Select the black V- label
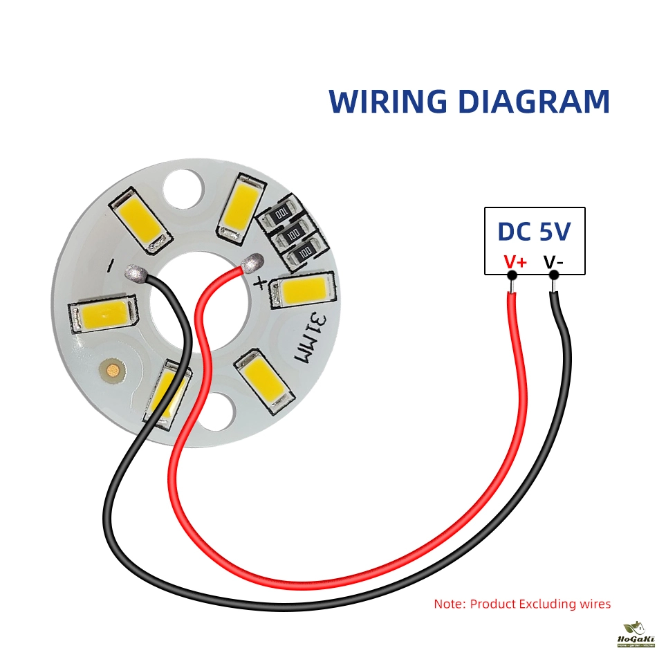click(553, 262)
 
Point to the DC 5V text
click(535, 232)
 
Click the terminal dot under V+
click(512, 275)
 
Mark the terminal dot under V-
click(553, 275)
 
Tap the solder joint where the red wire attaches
click(253, 263)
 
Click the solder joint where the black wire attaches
click(135, 274)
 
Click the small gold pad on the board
click(111, 371)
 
